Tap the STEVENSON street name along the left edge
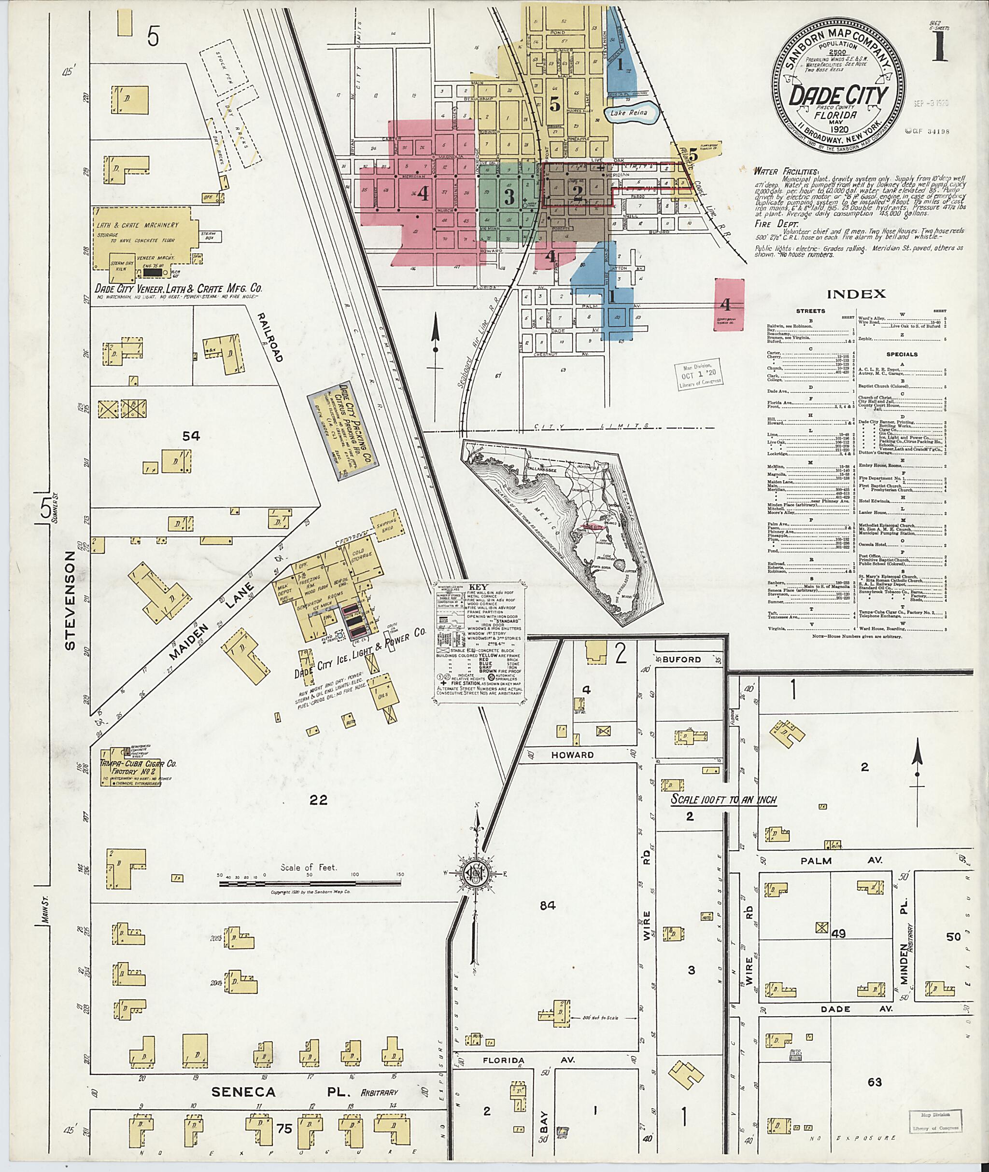(70, 601)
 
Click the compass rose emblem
(474, 888)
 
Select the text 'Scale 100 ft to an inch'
(723, 800)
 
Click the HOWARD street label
(572, 755)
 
